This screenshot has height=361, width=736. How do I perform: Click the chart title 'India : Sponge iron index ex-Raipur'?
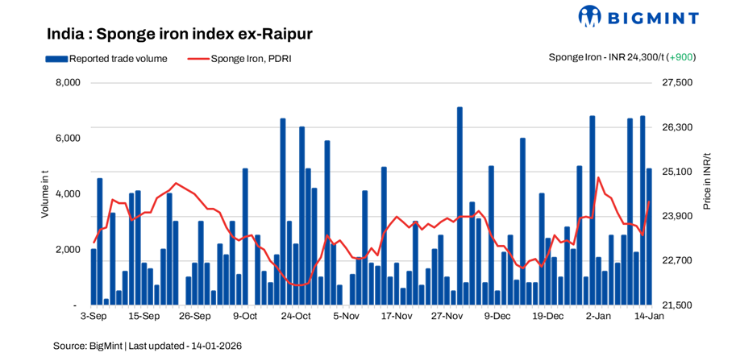coord(179,35)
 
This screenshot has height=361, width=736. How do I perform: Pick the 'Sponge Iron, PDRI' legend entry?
coord(251,58)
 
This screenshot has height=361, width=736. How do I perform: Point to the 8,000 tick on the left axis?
coord(68,83)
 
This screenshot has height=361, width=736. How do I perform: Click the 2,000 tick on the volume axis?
coord(68,251)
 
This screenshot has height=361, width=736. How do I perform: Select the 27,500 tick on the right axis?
coord(676,83)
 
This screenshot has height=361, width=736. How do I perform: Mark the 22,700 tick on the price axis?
coord(676,261)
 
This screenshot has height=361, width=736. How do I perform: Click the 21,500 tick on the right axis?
coord(676,306)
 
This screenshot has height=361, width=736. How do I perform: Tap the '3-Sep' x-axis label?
coord(94,317)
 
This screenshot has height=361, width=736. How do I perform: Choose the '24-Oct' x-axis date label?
coord(296,317)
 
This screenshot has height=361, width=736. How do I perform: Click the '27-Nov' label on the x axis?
coord(447,317)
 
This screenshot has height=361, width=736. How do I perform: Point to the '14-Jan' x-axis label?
coord(648,317)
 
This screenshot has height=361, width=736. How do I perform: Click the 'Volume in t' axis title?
coord(45,194)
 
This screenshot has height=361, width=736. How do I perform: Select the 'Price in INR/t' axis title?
coord(707,180)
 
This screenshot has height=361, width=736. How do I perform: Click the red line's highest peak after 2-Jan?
coord(598,177)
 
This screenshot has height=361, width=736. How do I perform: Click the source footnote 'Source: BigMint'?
coord(88,346)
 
